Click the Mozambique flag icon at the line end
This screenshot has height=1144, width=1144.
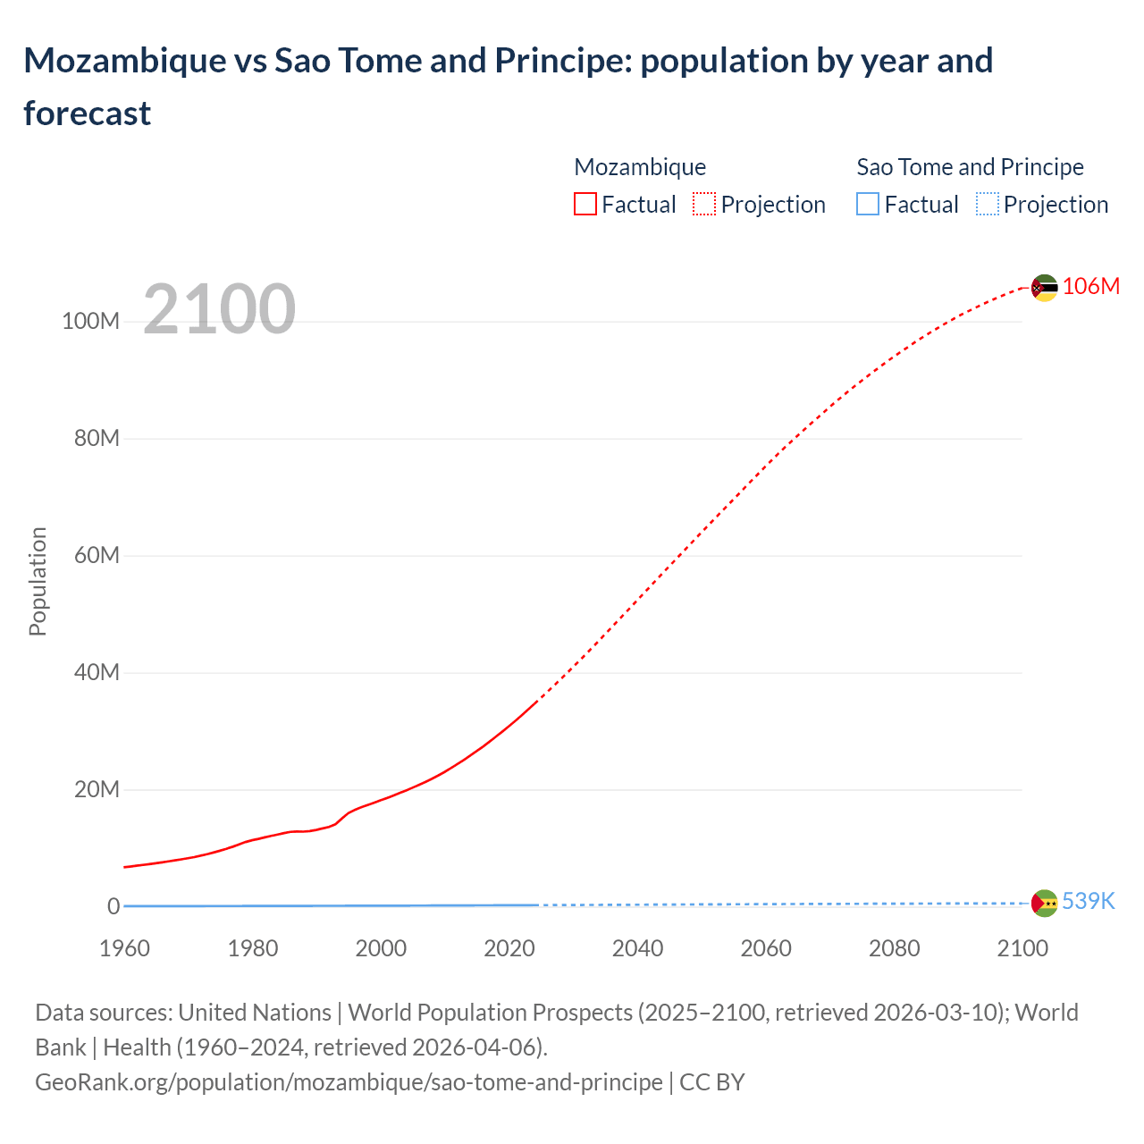tap(1044, 288)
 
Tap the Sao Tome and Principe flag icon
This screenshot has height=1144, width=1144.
tap(1044, 903)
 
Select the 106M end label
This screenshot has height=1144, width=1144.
tap(1090, 286)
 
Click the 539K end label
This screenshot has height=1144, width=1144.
tap(1088, 901)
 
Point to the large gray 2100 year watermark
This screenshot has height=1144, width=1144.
tap(219, 309)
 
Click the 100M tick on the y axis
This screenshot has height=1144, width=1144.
tap(90, 322)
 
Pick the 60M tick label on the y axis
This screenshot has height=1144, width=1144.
tap(97, 556)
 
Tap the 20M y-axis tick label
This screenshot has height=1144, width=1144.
tap(97, 790)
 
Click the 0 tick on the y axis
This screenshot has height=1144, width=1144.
tap(114, 906)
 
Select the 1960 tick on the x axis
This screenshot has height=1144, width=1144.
tap(124, 948)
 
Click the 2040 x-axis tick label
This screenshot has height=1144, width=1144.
tap(637, 948)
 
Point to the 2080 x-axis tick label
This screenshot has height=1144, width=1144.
tap(894, 948)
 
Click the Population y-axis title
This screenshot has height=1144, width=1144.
tap(38, 581)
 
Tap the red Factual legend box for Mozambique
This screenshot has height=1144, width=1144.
tap(585, 205)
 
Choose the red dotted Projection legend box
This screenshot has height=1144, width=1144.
tap(704, 205)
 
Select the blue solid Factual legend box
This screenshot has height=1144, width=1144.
tap(868, 205)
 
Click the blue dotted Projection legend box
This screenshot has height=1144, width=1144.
tap(987, 205)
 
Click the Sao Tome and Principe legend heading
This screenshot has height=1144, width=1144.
tap(970, 167)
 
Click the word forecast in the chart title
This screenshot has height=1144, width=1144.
tap(88, 114)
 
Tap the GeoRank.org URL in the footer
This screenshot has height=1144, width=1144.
tap(349, 1082)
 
